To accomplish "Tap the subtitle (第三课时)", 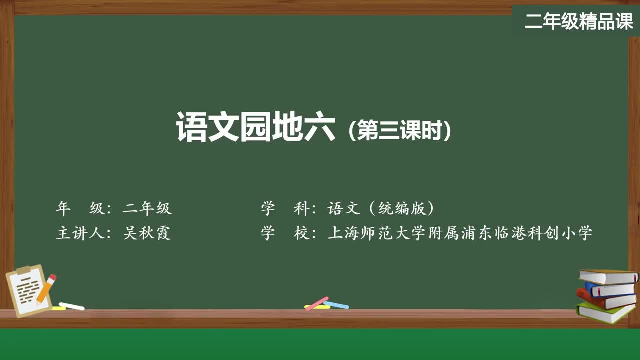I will click(399, 131).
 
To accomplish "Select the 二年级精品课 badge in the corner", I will click(578, 21).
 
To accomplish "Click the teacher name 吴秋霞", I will click(147, 233).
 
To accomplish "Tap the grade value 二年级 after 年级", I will click(147, 208).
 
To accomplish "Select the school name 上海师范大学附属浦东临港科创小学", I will click(460, 233).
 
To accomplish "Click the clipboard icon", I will click(27, 291).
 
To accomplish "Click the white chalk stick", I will click(72, 306).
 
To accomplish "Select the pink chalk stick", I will click(317, 303).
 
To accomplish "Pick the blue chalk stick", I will click(337, 304).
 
